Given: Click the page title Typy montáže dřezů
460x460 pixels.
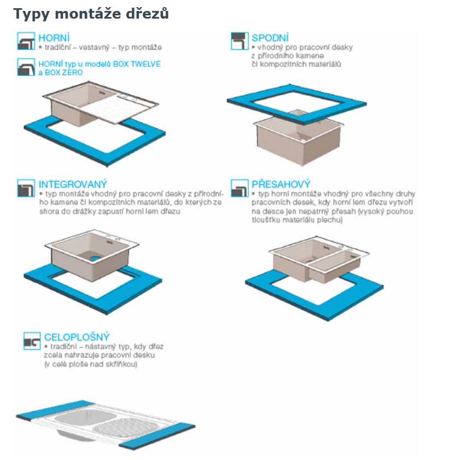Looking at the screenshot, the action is pos(91,14).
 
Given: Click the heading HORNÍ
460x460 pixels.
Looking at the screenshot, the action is pos(54,38).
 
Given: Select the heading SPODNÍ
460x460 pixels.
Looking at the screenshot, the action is pos(270,38).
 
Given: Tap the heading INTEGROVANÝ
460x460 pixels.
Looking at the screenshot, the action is pos(73,184).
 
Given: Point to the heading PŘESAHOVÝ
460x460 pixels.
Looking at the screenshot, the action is pos(281,184).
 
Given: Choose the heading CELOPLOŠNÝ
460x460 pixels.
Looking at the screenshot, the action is pos(77,337).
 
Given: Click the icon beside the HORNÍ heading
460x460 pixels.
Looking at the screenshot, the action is pos(26,41).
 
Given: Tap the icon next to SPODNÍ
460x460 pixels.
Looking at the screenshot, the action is pos(240,41).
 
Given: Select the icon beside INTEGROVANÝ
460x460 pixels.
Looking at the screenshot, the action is pos(26,188).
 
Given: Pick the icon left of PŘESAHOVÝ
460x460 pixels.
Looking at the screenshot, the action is pos(240,188).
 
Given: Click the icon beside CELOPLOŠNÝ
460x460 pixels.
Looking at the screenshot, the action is pos(32,341).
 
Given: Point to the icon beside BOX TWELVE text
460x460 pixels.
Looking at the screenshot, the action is pos(26,67).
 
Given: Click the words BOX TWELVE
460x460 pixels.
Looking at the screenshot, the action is pos(137,64).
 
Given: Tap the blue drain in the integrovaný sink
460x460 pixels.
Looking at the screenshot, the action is pos(95,258).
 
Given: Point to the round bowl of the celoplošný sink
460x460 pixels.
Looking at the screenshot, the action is pos(79,417).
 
